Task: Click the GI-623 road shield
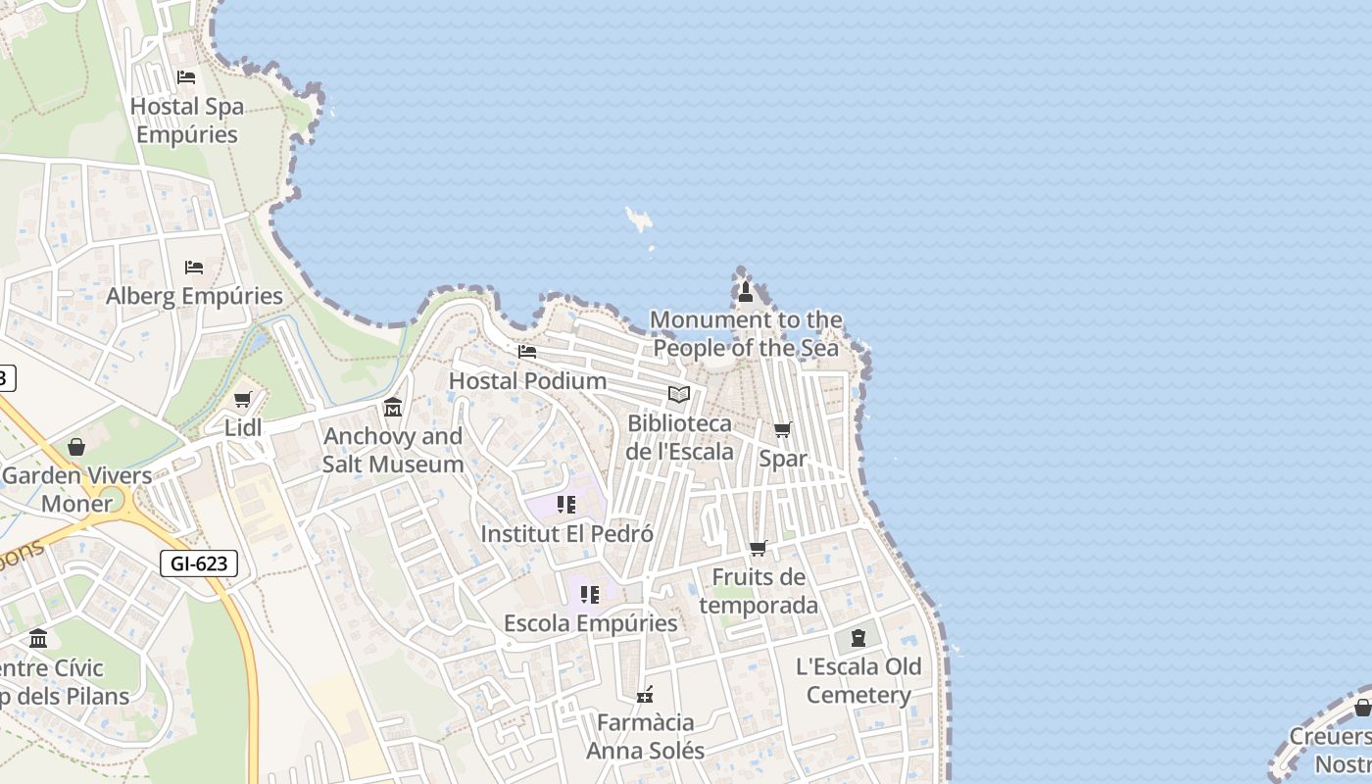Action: (x=199, y=563)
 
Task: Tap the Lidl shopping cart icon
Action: (x=243, y=400)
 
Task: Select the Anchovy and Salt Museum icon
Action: (x=393, y=407)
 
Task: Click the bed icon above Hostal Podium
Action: (x=527, y=352)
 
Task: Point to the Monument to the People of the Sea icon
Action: (x=746, y=291)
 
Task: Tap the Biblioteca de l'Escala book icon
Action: (x=679, y=395)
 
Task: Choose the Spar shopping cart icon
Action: (x=783, y=430)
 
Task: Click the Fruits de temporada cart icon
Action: (x=759, y=549)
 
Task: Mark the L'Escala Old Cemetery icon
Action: (x=858, y=638)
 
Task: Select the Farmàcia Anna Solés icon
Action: (x=645, y=695)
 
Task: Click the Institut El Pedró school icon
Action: (x=566, y=505)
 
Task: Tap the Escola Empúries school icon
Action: (x=590, y=595)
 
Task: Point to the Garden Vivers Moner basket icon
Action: (x=76, y=447)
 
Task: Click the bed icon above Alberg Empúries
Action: (x=194, y=268)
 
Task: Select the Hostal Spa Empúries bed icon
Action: (x=186, y=77)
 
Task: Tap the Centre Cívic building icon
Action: (x=38, y=639)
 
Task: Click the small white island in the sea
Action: (x=640, y=220)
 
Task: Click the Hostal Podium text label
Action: (x=527, y=380)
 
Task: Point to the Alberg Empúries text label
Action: (x=194, y=296)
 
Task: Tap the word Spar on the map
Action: (x=783, y=459)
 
